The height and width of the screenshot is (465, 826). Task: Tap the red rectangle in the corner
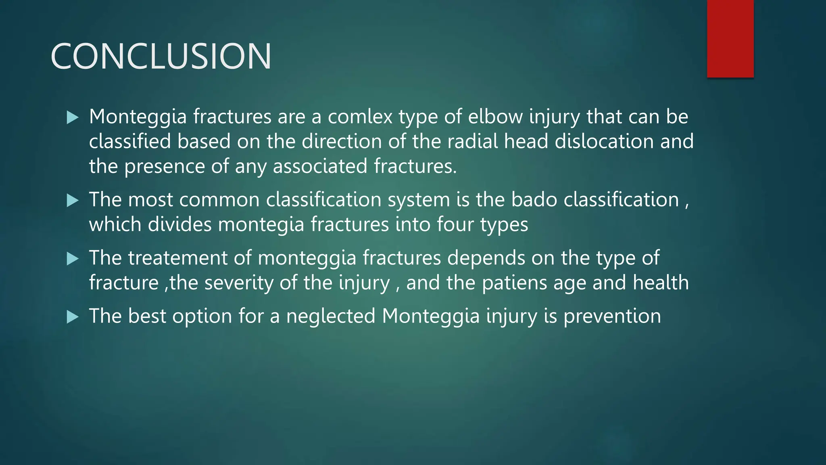(x=730, y=38)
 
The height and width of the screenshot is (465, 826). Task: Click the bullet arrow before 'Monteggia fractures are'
(x=73, y=117)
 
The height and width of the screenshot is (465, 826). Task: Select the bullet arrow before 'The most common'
(x=73, y=201)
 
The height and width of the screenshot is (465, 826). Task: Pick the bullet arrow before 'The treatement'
(x=73, y=259)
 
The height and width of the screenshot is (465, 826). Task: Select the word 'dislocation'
(x=604, y=142)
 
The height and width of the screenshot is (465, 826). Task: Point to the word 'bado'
(x=534, y=200)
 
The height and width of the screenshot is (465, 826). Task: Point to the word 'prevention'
(x=612, y=316)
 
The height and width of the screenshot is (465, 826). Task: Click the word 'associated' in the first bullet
(x=320, y=166)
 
